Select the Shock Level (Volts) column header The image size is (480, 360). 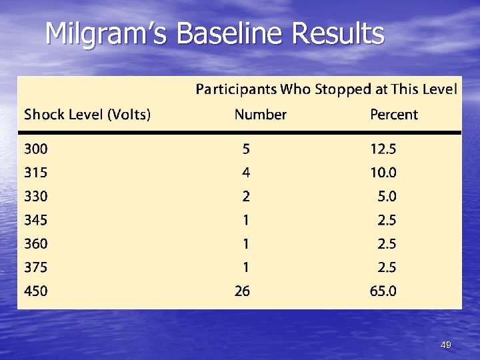(87, 115)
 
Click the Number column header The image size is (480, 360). (260, 115)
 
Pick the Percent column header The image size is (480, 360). (394, 115)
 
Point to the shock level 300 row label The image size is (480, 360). (36, 149)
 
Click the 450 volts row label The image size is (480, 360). (36, 291)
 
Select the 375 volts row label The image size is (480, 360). (36, 267)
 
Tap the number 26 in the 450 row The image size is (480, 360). (242, 291)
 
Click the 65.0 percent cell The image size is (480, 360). (383, 291)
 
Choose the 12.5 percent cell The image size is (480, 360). (383, 149)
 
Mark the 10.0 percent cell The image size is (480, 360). (383, 173)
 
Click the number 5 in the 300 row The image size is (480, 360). (246, 149)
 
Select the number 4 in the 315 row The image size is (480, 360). (246, 173)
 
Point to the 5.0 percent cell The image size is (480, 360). (387, 197)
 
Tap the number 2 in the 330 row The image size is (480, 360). (246, 197)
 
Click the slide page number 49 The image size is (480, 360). (446, 345)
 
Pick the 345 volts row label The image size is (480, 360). (36, 219)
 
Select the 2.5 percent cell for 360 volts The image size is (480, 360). (387, 243)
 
